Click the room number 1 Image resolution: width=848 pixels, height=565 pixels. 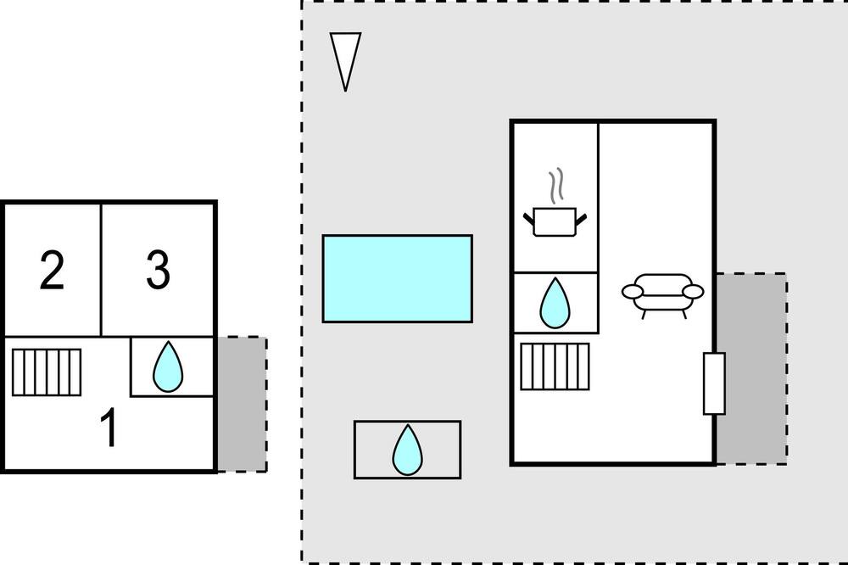point(110,427)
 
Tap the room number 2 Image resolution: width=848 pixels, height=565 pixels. point(52,270)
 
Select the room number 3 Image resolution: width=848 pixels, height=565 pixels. point(158,269)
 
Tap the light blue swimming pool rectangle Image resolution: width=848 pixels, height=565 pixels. point(398,279)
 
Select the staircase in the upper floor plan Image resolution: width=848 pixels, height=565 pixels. point(47,372)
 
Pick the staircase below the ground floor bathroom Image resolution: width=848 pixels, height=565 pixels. point(555,366)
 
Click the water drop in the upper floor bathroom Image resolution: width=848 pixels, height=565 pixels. point(168,367)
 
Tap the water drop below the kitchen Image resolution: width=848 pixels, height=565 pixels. point(555,303)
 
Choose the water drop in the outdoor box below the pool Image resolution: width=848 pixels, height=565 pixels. point(407,450)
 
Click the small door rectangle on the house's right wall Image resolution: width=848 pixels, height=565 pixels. point(714,383)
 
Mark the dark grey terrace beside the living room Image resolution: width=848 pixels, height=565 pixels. point(751,368)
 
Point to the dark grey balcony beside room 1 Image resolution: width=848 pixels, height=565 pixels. point(243,405)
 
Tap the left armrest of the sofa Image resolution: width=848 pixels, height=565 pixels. point(633,292)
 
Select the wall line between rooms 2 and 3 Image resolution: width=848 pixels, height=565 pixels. point(101,270)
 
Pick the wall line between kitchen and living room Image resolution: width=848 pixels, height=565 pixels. point(598,227)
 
